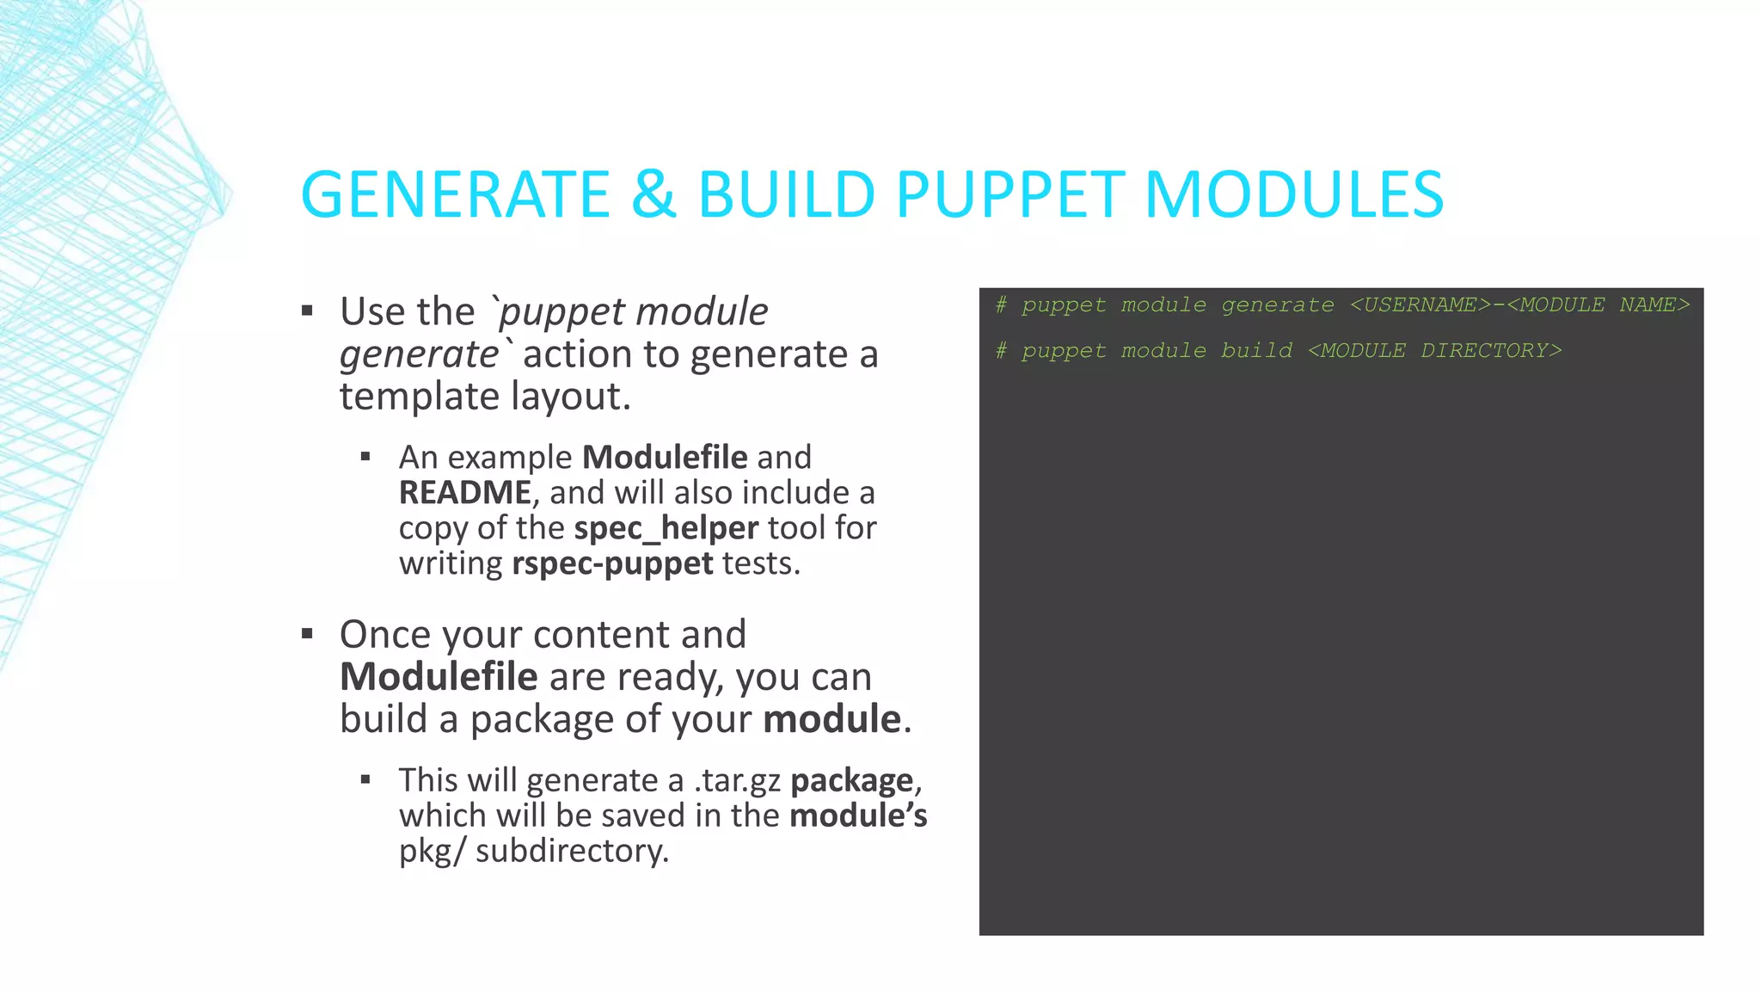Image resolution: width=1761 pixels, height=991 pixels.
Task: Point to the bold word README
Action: (465, 493)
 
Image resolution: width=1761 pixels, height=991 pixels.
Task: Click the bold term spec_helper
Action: (666, 528)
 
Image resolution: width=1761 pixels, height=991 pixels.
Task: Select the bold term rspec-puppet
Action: (612, 563)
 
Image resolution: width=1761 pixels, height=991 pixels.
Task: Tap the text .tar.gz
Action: (738, 780)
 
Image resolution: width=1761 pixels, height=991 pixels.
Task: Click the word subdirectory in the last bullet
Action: (571, 851)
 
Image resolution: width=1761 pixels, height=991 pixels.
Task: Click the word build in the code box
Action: (1256, 351)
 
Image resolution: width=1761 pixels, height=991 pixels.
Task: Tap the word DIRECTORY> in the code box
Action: (1491, 351)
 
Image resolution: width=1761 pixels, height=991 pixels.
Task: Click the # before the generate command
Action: (1001, 305)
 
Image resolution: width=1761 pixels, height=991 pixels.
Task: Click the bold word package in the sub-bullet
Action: (851, 780)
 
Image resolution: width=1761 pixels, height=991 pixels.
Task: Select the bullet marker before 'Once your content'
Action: (308, 635)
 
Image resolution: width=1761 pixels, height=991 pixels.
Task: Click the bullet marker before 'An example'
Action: (365, 458)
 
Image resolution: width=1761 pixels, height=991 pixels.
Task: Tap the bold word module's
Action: (858, 816)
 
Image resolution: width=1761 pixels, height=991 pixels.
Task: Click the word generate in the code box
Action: (1278, 305)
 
